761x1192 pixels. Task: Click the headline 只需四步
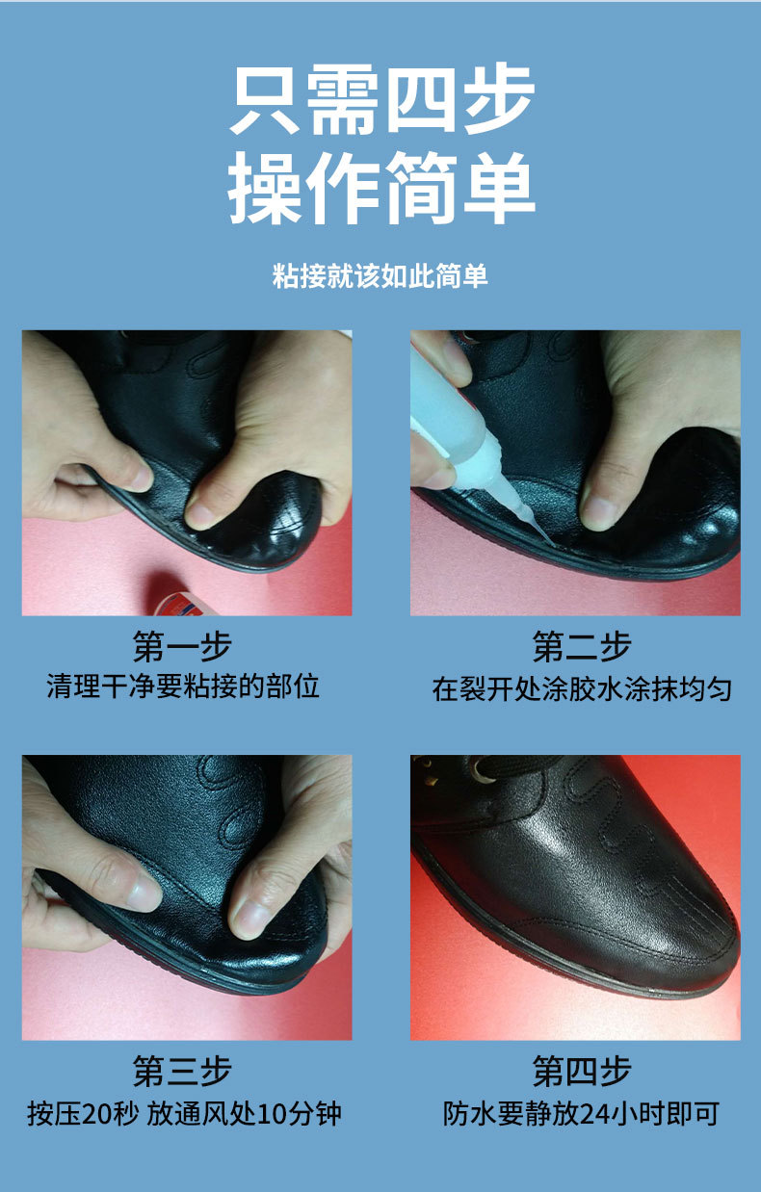[381, 101]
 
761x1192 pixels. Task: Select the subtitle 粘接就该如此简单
[380, 277]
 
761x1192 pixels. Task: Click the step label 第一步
[182, 646]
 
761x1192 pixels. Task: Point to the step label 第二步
[582, 646]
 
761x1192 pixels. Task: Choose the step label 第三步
[182, 1072]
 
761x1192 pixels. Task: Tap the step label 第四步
[582, 1072]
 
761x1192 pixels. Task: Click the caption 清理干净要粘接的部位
[183, 687]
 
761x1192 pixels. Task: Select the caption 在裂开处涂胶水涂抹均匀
[582, 689]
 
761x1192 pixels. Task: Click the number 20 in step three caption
[97, 1115]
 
